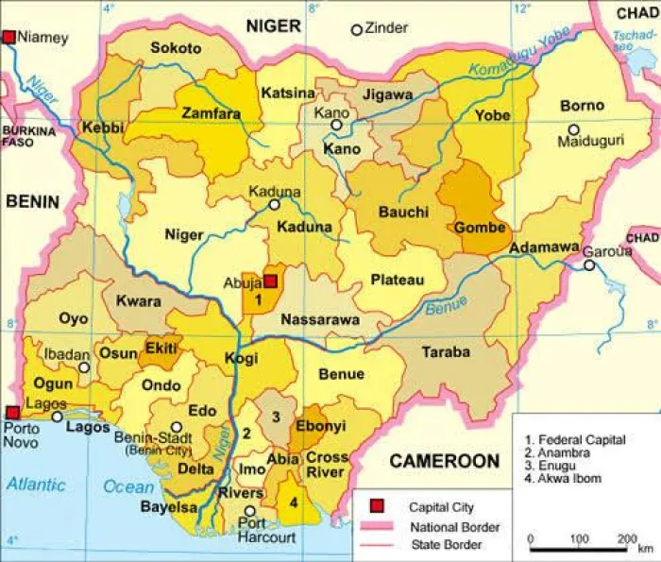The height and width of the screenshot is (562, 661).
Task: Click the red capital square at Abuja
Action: coord(270,281)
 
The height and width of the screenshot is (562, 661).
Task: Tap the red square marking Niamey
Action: coord(9,37)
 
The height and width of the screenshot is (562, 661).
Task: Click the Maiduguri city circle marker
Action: coord(573,129)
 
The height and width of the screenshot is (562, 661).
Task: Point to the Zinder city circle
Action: coord(356,30)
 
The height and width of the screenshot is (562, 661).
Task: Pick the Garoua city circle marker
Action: coord(588,266)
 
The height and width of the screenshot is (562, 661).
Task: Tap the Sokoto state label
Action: coord(176,48)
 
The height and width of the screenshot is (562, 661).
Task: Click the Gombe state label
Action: coord(481,228)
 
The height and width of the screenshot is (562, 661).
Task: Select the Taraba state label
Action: coord(446,351)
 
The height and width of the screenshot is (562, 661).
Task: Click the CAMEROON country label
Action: coord(444,461)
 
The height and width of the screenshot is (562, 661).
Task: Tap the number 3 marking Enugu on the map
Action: coord(276,417)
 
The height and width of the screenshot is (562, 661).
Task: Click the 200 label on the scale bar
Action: coord(624,537)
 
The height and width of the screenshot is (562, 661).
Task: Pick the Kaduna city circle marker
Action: coord(274,203)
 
